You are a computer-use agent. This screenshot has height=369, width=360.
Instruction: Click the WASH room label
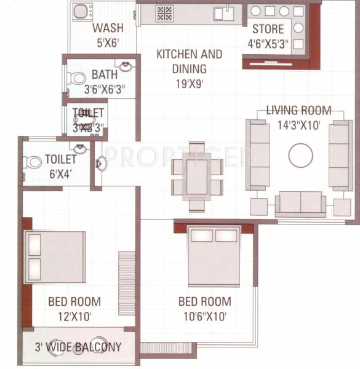(108, 28)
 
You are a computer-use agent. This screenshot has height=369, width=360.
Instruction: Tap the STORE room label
(268, 29)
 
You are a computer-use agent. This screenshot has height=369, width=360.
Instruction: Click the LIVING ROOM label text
(298, 111)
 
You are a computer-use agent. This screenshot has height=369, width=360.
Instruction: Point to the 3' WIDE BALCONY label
(78, 346)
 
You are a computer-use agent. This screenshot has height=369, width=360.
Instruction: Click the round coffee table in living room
(300, 155)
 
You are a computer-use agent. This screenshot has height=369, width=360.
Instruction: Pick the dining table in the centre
(197, 177)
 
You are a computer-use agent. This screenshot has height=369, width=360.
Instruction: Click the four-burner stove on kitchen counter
(164, 14)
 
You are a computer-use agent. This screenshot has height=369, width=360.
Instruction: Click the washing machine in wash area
(81, 12)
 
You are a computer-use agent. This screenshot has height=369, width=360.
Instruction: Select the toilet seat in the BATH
(76, 79)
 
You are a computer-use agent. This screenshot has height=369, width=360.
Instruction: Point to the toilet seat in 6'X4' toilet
(33, 162)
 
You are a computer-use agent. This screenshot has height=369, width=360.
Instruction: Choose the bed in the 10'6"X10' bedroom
(214, 255)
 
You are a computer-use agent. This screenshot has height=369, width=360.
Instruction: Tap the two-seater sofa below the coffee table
(300, 202)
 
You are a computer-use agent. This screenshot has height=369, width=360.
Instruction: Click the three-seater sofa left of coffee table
(258, 154)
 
